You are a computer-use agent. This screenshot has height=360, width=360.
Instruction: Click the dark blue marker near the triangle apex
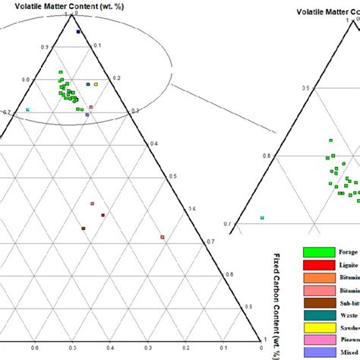[78, 32]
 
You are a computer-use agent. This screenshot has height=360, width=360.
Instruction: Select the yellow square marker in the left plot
[96, 84]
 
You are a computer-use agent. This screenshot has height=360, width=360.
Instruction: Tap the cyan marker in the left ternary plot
[28, 110]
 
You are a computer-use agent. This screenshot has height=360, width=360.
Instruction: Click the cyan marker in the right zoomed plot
[263, 218]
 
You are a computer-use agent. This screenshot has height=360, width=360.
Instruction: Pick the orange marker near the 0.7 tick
[163, 238]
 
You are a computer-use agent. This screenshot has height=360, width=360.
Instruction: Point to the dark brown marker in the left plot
[84, 229]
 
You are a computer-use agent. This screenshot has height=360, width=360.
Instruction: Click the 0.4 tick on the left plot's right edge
[156, 144]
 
